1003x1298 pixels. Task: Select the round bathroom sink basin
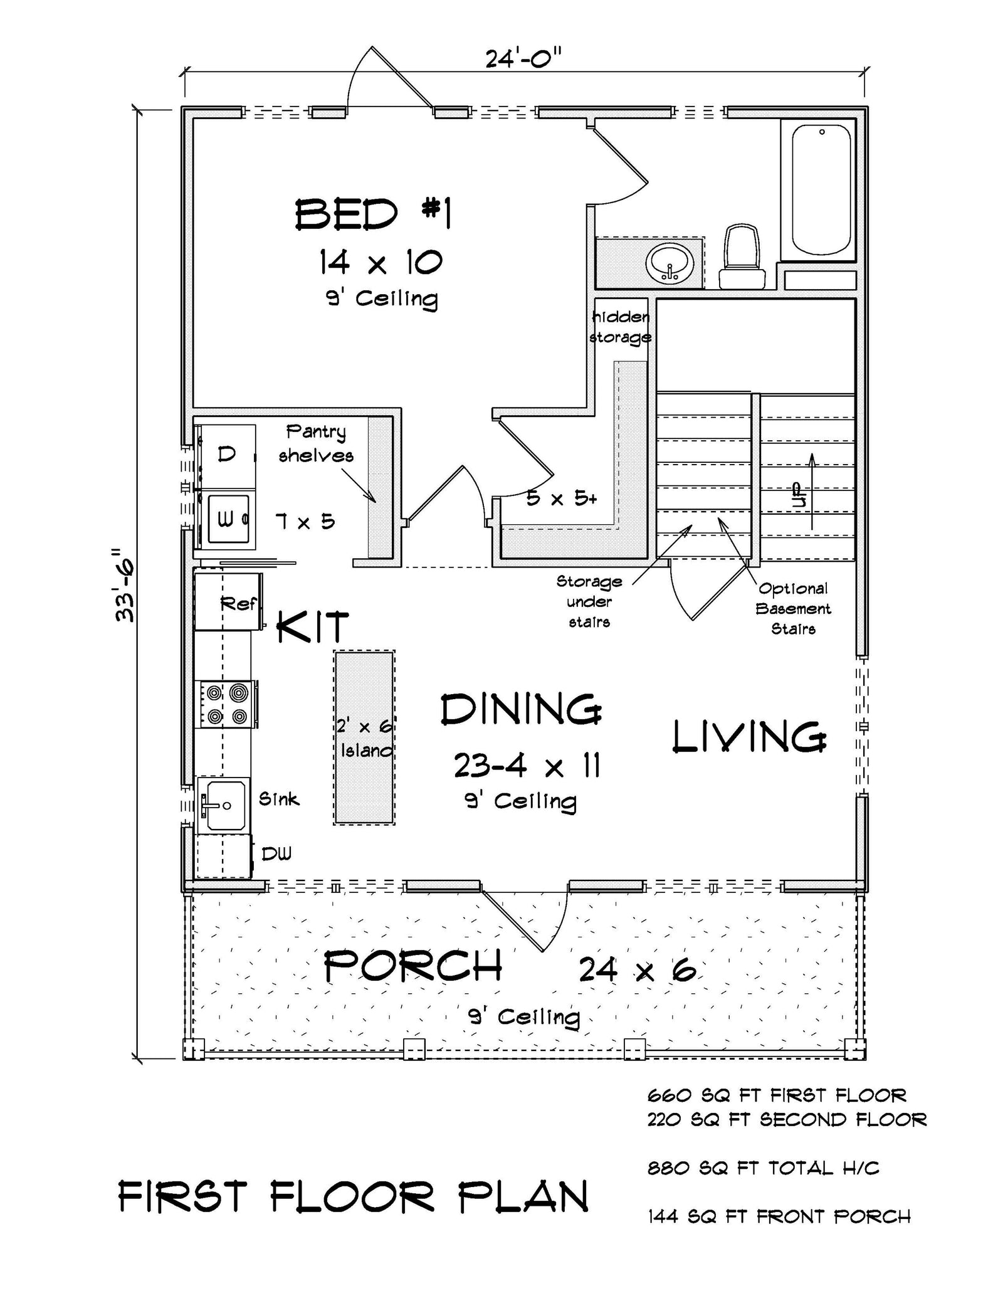(670, 264)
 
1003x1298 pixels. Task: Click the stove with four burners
(228, 704)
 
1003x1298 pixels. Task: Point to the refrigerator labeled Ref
(228, 601)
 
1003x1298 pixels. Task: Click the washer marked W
(227, 519)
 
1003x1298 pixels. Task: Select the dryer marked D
(227, 453)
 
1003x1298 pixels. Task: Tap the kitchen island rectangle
(364, 737)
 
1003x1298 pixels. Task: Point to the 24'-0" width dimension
(523, 60)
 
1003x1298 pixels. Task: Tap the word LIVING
(749, 737)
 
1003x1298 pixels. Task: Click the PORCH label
(414, 966)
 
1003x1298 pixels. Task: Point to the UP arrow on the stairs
(812, 492)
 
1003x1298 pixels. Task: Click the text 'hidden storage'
(621, 327)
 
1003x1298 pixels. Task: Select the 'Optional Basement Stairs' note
(793, 608)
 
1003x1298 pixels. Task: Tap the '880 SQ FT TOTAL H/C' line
(763, 1168)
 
